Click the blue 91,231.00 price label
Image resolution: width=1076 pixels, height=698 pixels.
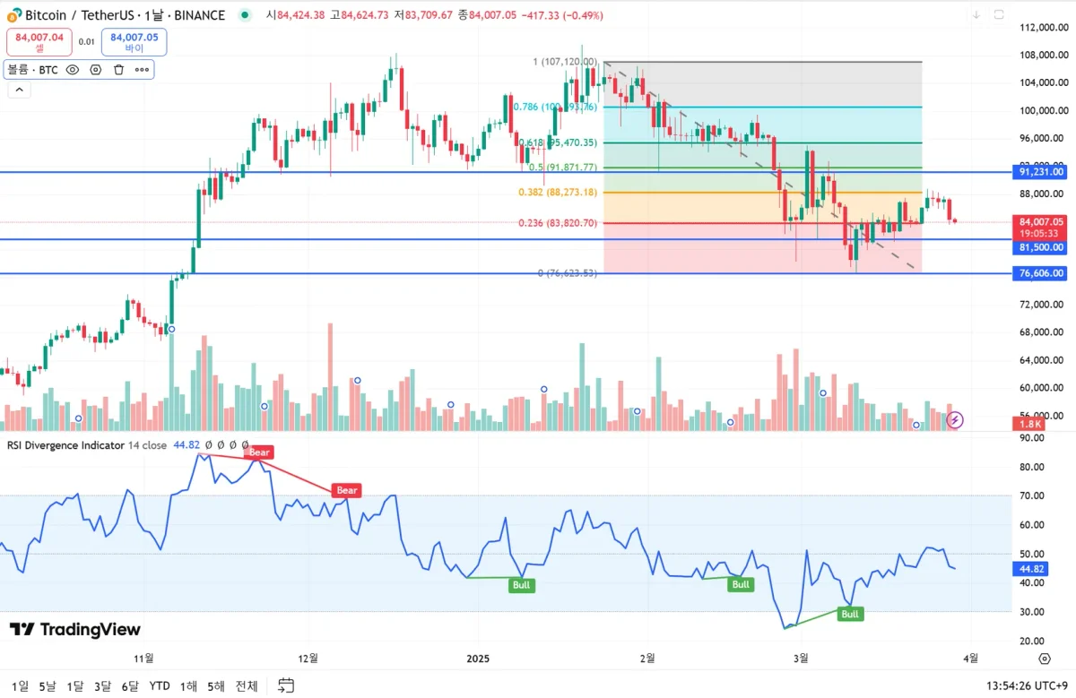[1041, 172]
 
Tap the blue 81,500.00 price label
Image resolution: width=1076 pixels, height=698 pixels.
[1041, 247]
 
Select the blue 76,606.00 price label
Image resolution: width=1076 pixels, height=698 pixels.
[1041, 273]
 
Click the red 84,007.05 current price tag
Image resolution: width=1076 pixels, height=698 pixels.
[1041, 222]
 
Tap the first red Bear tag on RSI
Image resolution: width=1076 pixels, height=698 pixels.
[258, 452]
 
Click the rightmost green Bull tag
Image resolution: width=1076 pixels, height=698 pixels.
[849, 614]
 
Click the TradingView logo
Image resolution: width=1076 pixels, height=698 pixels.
[75, 630]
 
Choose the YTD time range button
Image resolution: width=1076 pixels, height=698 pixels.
[160, 686]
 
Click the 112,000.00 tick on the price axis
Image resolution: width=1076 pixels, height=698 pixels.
[1040, 28]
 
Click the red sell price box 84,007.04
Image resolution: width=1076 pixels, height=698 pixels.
[39, 42]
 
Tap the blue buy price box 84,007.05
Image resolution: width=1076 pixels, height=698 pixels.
[134, 42]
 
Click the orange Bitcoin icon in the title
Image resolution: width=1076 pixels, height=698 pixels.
[13, 15]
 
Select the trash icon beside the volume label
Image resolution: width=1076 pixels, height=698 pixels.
[118, 69]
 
